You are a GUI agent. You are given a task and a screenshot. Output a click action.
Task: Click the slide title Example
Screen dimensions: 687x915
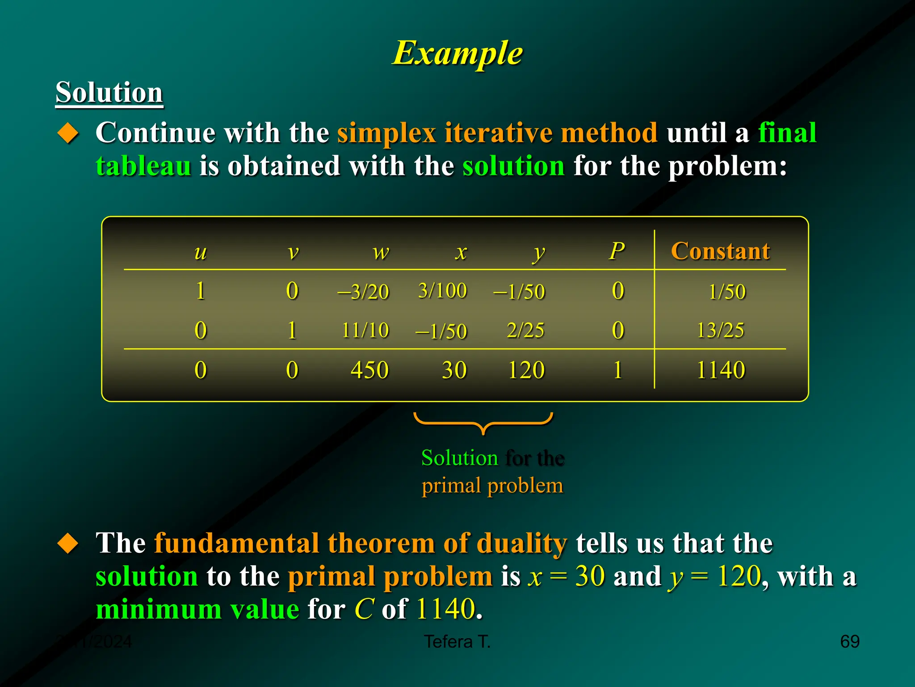point(457,53)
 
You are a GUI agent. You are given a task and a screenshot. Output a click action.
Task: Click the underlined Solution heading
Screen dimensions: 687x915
point(109,93)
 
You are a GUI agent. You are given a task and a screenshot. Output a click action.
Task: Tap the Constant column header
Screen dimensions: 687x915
point(720,251)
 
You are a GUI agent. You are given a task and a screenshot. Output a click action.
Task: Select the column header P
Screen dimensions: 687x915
point(617,251)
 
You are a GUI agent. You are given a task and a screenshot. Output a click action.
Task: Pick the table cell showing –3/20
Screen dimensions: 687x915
point(363,292)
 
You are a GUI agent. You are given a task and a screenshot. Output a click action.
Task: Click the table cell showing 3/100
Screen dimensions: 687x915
point(442,291)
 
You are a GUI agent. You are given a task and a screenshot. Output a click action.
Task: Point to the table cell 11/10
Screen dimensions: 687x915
point(365,331)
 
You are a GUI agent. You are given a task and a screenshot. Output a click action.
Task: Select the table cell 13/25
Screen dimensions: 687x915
point(720,331)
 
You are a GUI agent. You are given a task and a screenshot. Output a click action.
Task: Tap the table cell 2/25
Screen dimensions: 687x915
point(525,331)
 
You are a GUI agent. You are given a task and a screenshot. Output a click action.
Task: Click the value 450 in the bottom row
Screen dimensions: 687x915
point(369,370)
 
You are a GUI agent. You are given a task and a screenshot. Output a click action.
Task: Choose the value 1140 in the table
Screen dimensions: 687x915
point(721,370)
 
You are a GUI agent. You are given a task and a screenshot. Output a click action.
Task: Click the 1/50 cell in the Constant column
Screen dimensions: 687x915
point(727,292)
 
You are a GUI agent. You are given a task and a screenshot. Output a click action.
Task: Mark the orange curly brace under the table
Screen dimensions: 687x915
point(483,423)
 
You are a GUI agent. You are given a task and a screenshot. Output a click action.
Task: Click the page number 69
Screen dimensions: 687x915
point(850,641)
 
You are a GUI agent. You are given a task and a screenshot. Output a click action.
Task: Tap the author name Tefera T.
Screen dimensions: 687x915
point(457,641)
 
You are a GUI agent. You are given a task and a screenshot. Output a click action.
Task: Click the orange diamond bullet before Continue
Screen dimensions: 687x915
point(68,133)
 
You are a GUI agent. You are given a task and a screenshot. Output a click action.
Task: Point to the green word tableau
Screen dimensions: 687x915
point(143,166)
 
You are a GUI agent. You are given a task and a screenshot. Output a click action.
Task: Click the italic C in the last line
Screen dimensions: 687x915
point(364,609)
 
